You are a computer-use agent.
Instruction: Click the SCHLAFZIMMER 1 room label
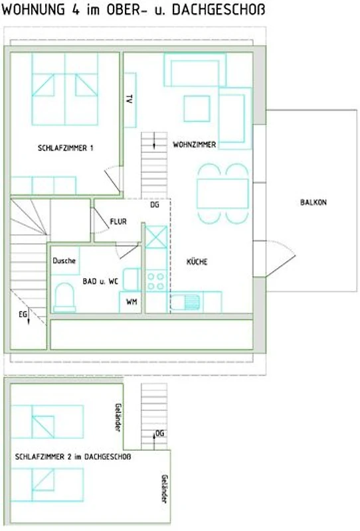(x=65, y=148)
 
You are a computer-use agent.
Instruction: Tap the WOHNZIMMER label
(x=194, y=145)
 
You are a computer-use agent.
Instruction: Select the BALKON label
(x=314, y=202)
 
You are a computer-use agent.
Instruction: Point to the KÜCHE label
(x=197, y=262)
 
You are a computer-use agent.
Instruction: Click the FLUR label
(x=118, y=222)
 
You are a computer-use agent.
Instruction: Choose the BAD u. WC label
(x=100, y=281)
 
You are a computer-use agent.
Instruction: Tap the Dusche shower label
(x=64, y=261)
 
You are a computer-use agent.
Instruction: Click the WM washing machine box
(x=130, y=302)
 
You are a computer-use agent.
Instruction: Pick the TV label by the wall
(x=129, y=99)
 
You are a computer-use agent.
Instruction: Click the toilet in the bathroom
(x=64, y=298)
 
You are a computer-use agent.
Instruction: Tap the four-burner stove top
(x=156, y=281)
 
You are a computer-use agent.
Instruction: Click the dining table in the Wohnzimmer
(x=223, y=193)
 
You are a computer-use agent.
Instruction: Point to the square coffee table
(x=197, y=108)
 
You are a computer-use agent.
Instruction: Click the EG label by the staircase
(x=23, y=315)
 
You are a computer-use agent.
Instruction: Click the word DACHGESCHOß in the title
(x=219, y=9)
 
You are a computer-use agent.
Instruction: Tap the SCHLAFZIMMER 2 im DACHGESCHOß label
(x=73, y=457)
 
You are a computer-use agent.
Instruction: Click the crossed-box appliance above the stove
(x=156, y=237)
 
